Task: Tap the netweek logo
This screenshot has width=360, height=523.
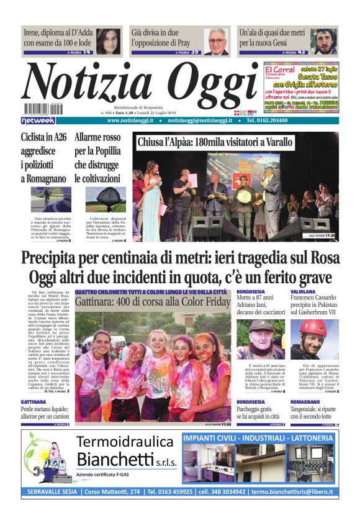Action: click(x=38, y=120)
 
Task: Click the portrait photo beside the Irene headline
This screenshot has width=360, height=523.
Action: click(x=109, y=41)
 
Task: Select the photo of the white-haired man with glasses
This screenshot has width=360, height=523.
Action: click(x=216, y=42)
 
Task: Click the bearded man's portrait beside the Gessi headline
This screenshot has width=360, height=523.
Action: click(x=323, y=41)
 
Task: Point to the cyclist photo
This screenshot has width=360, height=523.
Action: click(x=45, y=200)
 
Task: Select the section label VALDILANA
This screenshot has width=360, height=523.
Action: click(x=304, y=291)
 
